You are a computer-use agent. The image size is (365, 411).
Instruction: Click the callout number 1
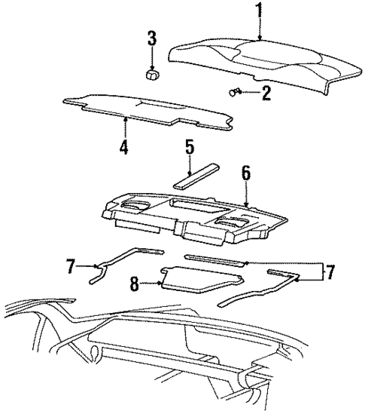pyautogui.click(x=260, y=11)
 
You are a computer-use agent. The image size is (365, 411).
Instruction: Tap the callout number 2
pyautogui.click(x=265, y=94)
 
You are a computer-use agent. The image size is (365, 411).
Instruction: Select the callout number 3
pyautogui.click(x=152, y=38)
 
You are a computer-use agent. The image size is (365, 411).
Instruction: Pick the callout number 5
pyautogui.click(x=190, y=148)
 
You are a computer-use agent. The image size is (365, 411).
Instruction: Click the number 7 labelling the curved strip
pyautogui.click(x=71, y=266)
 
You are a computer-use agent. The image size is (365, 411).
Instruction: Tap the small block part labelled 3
pyautogui.click(x=154, y=74)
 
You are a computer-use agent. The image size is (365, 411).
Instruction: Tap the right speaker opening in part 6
pyautogui.click(x=233, y=220)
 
